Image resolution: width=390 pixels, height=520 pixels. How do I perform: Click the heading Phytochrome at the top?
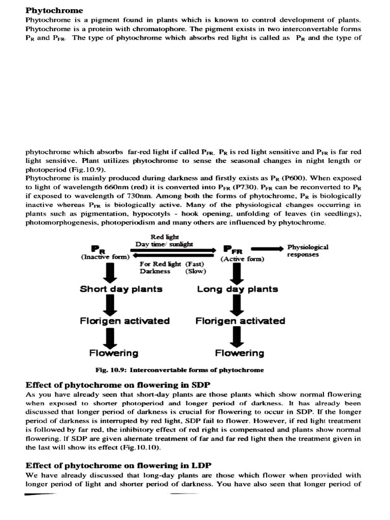point(54,11)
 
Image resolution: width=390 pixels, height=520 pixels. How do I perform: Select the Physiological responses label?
point(307,250)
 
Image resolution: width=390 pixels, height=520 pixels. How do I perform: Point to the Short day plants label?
point(121,289)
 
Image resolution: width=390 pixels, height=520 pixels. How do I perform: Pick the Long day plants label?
point(237,289)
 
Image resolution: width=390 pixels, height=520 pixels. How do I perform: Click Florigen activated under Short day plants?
point(124,321)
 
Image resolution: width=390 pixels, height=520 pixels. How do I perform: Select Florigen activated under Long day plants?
point(240,321)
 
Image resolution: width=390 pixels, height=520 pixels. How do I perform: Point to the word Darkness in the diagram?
point(155,271)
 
